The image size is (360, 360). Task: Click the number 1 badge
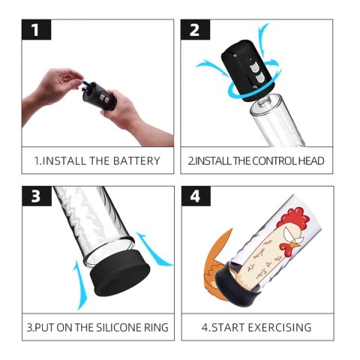point(37,31)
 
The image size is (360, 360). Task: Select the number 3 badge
point(37,196)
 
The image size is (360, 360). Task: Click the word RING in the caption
point(155,327)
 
